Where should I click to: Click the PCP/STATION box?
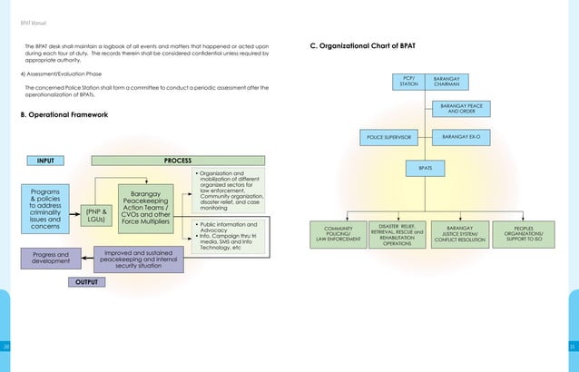click(408, 83)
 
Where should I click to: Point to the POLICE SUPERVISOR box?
click(388, 137)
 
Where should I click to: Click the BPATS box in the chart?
click(425, 168)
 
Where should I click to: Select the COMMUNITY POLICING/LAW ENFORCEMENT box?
click(338, 234)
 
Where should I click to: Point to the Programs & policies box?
click(45, 210)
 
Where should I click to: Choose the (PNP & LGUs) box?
click(95, 215)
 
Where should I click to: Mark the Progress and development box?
click(50, 260)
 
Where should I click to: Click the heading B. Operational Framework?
click(64, 115)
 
